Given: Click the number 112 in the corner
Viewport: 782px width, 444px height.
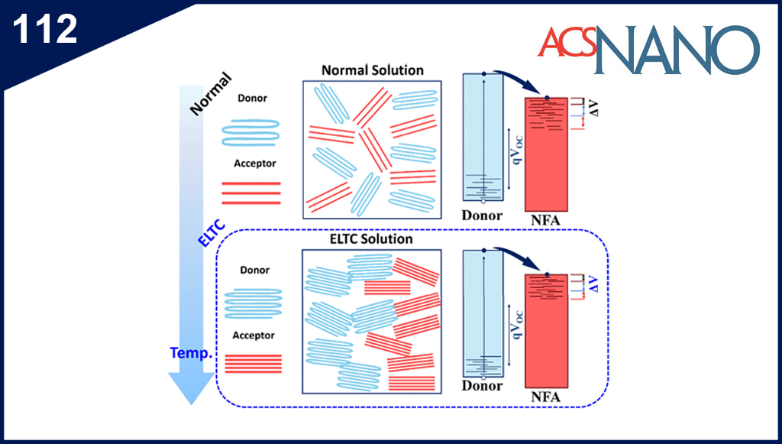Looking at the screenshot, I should (x=45, y=29).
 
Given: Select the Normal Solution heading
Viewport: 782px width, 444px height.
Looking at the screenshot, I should (x=372, y=70).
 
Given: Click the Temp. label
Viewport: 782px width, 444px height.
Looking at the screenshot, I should (x=192, y=355).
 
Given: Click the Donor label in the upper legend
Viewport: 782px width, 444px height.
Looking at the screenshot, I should (x=253, y=99).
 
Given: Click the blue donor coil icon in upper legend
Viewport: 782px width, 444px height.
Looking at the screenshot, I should (x=250, y=131).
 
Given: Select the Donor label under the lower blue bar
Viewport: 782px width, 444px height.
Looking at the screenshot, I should (x=482, y=386).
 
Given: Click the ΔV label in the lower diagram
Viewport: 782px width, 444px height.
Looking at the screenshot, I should (x=593, y=284).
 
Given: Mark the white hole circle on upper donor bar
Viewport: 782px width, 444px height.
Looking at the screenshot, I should (x=483, y=201).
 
